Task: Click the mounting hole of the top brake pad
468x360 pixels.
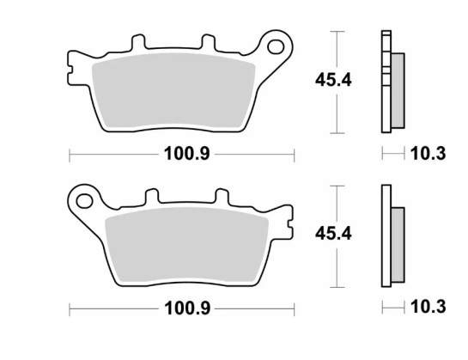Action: [277, 43]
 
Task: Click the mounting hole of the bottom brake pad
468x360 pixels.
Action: [83, 202]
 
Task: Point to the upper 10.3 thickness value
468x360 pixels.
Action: [429, 155]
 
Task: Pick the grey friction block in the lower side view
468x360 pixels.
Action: [399, 242]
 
